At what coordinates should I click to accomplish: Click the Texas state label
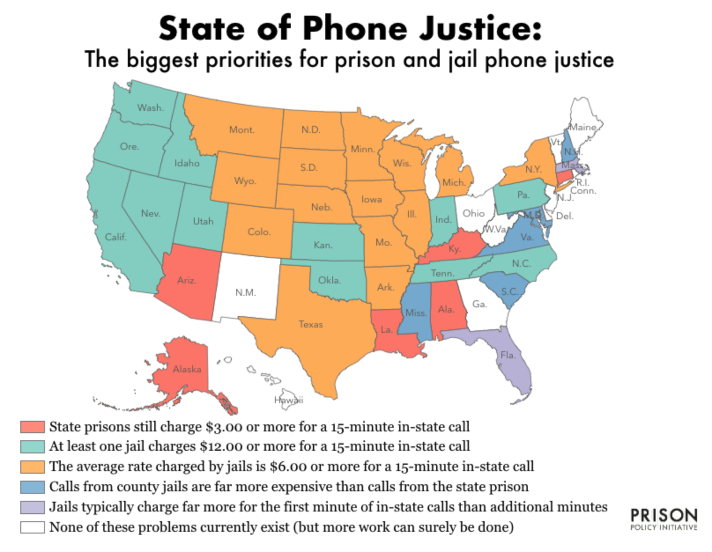pyautogui.click(x=311, y=324)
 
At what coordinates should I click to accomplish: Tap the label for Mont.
pyautogui.click(x=241, y=130)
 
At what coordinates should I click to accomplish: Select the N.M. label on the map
pyautogui.click(x=245, y=293)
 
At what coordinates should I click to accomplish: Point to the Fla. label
pyautogui.click(x=508, y=355)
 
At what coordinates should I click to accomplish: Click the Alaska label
pyautogui.click(x=187, y=369)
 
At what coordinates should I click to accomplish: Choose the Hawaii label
pyautogui.click(x=289, y=400)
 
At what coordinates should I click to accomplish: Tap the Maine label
pyautogui.click(x=583, y=127)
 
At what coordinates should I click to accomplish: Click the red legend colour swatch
pyautogui.click(x=32, y=427)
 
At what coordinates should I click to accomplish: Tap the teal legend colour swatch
pyautogui.click(x=32, y=446)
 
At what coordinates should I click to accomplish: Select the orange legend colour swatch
pyautogui.click(x=32, y=466)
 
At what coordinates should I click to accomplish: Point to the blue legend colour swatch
pyautogui.click(x=32, y=486)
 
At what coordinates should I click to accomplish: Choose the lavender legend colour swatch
pyautogui.click(x=32, y=507)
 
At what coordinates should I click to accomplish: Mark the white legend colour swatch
pyautogui.click(x=32, y=527)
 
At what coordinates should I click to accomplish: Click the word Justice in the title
pyautogui.click(x=480, y=29)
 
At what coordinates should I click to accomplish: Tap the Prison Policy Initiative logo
pyautogui.click(x=664, y=519)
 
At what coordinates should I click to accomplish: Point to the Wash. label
pyautogui.click(x=150, y=107)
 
